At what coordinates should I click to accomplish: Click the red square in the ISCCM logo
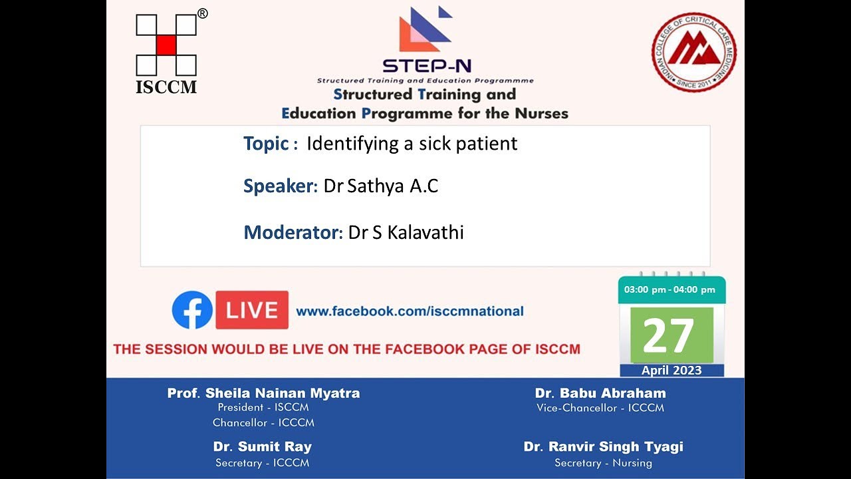click(x=166, y=45)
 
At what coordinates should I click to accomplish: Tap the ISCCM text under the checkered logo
click(x=166, y=87)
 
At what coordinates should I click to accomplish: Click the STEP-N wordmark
click(x=418, y=66)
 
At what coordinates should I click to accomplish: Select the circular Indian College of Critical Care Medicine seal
click(x=693, y=52)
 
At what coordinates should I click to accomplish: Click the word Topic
click(x=266, y=144)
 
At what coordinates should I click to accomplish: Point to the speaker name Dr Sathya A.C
click(x=381, y=186)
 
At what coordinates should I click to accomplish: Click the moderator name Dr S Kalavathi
click(x=406, y=233)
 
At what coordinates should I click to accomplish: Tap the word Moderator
click(x=292, y=233)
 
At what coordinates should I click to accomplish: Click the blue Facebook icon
click(x=192, y=310)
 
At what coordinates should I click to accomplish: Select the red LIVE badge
click(x=252, y=310)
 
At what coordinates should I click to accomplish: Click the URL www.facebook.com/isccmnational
click(x=410, y=311)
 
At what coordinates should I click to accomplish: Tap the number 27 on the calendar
click(x=669, y=336)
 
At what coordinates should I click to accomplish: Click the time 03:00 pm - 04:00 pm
click(x=669, y=289)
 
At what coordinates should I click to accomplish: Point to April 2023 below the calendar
click(x=671, y=371)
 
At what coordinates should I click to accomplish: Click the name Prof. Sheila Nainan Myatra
click(x=263, y=393)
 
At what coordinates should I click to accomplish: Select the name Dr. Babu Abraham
click(x=600, y=393)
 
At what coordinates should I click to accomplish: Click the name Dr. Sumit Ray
click(x=262, y=446)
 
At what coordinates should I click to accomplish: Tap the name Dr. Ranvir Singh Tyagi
click(x=603, y=446)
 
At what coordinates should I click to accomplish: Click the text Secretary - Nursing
click(x=603, y=463)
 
